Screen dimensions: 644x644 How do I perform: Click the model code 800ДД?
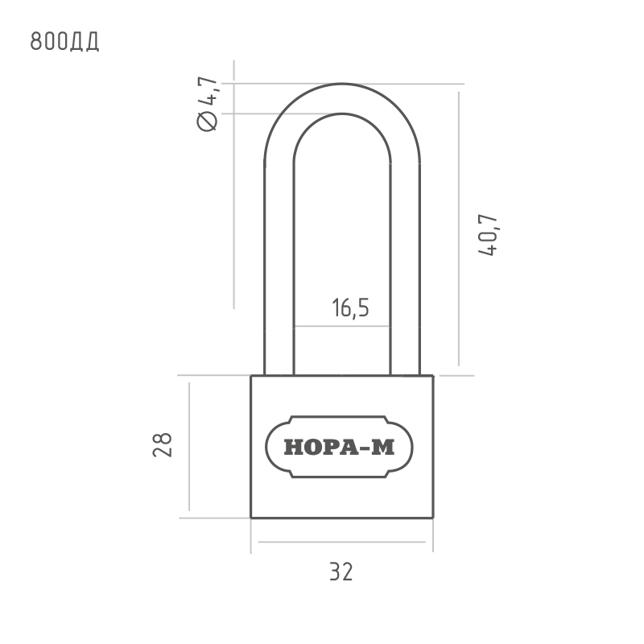click(64, 41)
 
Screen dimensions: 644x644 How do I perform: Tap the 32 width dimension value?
click(341, 572)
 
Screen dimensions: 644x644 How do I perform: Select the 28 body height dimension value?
click(163, 445)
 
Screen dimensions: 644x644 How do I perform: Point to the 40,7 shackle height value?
click(488, 235)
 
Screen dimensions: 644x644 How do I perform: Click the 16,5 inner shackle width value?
click(350, 308)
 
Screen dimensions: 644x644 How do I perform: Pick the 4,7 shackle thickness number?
click(208, 90)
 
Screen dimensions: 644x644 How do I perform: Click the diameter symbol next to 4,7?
click(208, 122)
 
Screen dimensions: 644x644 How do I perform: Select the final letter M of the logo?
click(383, 448)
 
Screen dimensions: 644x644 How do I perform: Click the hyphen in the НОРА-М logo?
click(365, 448)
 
